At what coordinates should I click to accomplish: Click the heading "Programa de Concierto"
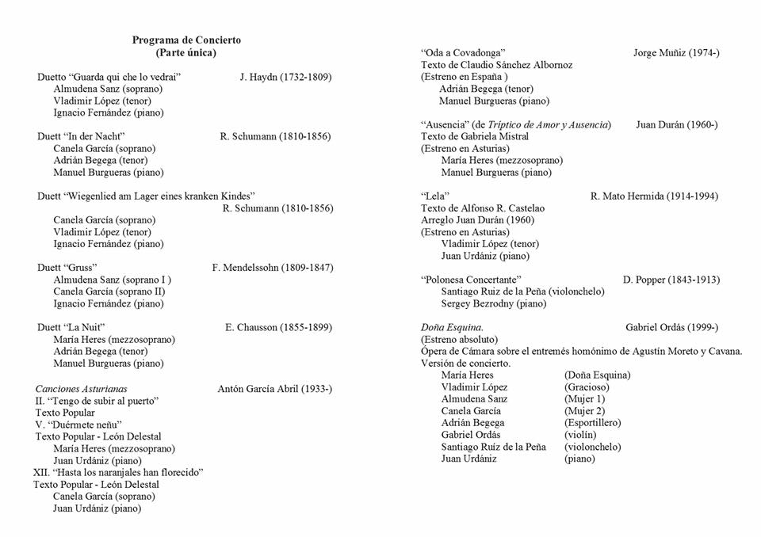(x=186, y=40)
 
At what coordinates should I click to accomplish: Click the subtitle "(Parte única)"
(x=186, y=52)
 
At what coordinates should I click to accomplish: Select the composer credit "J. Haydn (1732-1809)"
(x=285, y=77)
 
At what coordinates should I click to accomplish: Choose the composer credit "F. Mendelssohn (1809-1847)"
(x=273, y=268)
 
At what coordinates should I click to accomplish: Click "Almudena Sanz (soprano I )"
(x=112, y=280)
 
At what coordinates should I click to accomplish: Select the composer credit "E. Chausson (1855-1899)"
(x=278, y=327)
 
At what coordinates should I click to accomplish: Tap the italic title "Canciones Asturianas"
(x=81, y=389)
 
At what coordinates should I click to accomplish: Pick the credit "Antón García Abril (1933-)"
(x=274, y=389)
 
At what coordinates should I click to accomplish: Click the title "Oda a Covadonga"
(x=463, y=53)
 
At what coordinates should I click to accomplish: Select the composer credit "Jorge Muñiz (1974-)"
(x=676, y=53)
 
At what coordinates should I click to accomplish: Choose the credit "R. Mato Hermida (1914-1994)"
(x=655, y=196)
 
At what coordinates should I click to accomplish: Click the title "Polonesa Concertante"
(x=471, y=280)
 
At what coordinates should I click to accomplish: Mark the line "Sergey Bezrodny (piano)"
(x=494, y=303)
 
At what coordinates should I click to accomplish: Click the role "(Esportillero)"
(x=592, y=423)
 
